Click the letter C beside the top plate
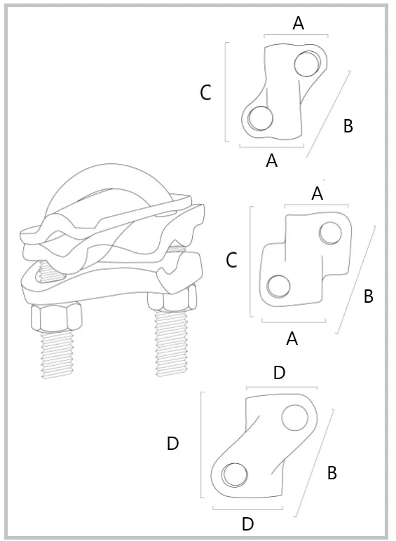tap(205, 93)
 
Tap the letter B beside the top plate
tap(348, 126)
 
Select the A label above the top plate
tap(299, 23)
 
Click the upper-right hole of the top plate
tap(308, 64)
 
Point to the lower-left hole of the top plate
tap(260, 118)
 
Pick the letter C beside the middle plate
tap(231, 260)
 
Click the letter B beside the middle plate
tap(369, 296)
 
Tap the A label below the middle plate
tap(292, 338)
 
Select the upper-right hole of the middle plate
tap(330, 233)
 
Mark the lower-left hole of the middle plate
tap(278, 287)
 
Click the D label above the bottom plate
tap(280, 373)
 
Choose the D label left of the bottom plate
tap(172, 444)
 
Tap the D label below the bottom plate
tap(248, 523)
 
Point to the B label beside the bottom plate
tap(332, 473)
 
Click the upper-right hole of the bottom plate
tap(294, 418)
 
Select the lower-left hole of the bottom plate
tap(235, 474)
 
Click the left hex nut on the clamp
tap(57, 317)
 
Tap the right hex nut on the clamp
tap(172, 298)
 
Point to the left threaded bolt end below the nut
tap(57, 355)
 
